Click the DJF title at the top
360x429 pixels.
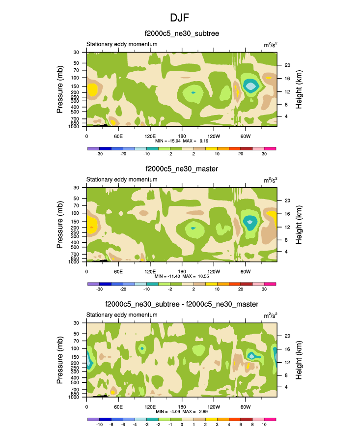[x=180, y=18]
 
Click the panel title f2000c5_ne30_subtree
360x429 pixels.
[x=181, y=33]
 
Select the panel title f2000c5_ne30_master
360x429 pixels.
[x=181, y=169]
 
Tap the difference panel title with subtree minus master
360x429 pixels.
[x=181, y=305]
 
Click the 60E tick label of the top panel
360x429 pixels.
[x=118, y=136]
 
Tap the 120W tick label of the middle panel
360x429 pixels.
[x=214, y=271]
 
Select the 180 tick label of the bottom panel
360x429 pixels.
[x=182, y=406]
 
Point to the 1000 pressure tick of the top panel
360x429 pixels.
[x=75, y=126]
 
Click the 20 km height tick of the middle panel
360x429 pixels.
[x=286, y=200]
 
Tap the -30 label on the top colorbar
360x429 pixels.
[x=99, y=154]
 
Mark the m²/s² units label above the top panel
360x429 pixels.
[x=270, y=45]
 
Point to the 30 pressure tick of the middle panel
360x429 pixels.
[x=77, y=188]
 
